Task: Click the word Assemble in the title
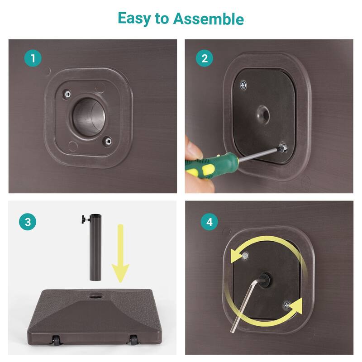(209, 19)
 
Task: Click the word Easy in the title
(134, 19)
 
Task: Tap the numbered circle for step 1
(33, 58)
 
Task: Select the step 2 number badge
(205, 58)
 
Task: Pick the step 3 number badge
(28, 222)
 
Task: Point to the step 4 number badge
(209, 222)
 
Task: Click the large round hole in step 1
(89, 117)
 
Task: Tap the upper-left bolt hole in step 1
(67, 94)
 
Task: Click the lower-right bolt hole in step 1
(107, 141)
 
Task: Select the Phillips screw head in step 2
(243, 86)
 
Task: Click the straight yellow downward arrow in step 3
(120, 253)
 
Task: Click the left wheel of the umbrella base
(56, 341)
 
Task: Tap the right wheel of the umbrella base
(133, 340)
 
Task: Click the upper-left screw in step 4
(245, 256)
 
